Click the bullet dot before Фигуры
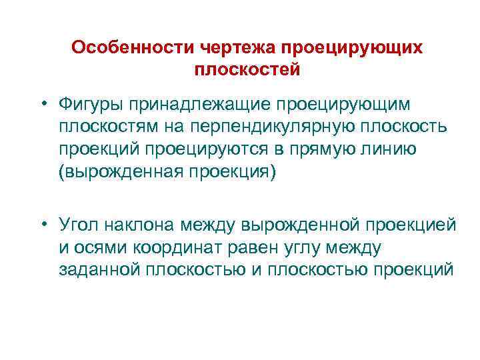(43, 104)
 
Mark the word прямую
(335, 149)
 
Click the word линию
(395, 149)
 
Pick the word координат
(173, 248)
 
